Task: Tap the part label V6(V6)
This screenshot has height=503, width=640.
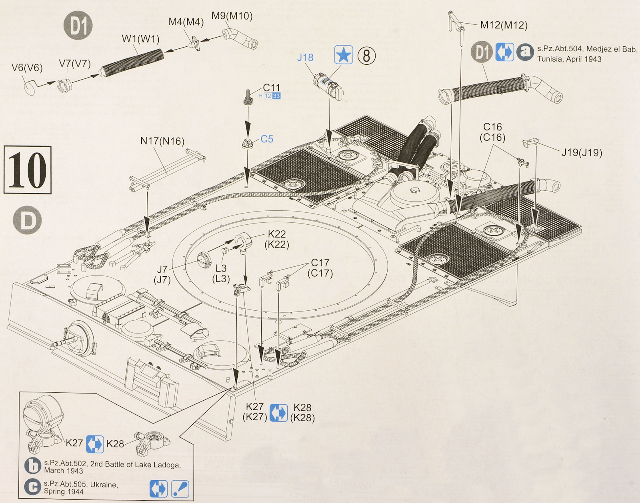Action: pyautogui.click(x=27, y=68)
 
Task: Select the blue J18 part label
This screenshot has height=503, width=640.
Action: pyautogui.click(x=305, y=58)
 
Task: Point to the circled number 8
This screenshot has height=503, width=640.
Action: pyautogui.click(x=366, y=56)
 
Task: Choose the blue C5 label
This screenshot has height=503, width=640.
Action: pyautogui.click(x=267, y=139)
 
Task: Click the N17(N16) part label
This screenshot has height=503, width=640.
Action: pyautogui.click(x=162, y=141)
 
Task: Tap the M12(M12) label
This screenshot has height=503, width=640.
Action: pyautogui.click(x=504, y=25)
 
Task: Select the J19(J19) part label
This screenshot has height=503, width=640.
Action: pyautogui.click(x=582, y=152)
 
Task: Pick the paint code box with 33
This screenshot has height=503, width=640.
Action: pyautogui.click(x=276, y=96)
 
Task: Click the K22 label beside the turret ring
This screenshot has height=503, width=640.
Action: pyautogui.click(x=276, y=234)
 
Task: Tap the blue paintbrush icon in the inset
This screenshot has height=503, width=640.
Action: pyautogui.click(x=180, y=489)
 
